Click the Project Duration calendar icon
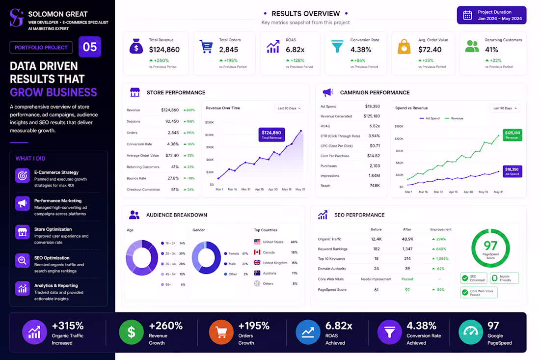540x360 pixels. click(x=467, y=15)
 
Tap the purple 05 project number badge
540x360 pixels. click(x=90, y=47)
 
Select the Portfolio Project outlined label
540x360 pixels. click(x=41, y=48)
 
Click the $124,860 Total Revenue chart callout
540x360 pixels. click(x=271, y=135)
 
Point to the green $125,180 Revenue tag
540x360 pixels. click(x=513, y=135)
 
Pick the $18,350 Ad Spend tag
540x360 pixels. click(x=512, y=171)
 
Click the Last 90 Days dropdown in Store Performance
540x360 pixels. click(x=289, y=108)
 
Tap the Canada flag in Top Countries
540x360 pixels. click(x=257, y=252)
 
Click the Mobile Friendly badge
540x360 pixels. click(x=504, y=278)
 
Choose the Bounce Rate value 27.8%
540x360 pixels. click(x=173, y=178)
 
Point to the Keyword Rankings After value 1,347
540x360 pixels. click(x=407, y=249)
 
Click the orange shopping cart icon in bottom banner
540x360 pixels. click(x=221, y=332)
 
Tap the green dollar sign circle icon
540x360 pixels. click(x=131, y=332)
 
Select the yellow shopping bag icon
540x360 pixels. click(x=405, y=47)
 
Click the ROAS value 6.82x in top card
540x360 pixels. click(x=295, y=50)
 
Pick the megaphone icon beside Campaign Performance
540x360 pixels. click(x=328, y=92)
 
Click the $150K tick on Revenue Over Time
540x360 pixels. click(x=210, y=122)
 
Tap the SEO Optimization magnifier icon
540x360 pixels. click(x=23, y=260)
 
